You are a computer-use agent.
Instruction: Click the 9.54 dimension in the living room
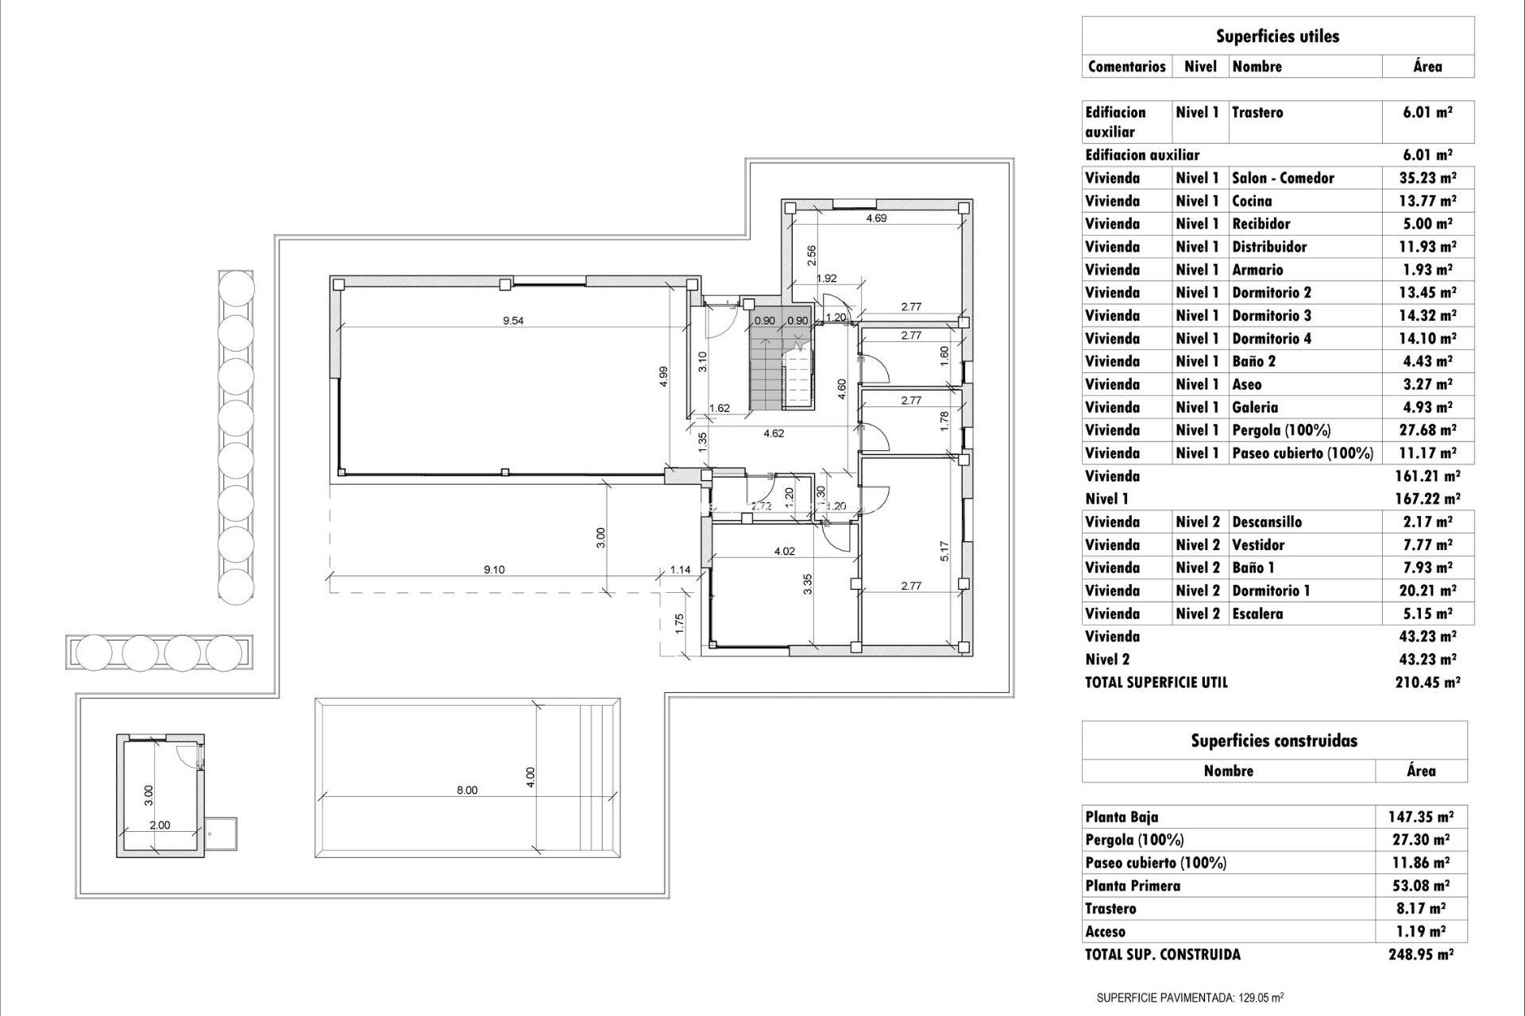click(x=513, y=321)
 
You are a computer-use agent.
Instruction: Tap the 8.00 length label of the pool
click(x=467, y=790)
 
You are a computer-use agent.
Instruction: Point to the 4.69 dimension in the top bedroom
click(x=876, y=218)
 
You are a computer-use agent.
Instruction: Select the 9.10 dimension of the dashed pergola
click(x=494, y=569)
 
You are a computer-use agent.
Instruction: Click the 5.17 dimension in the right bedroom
click(x=944, y=552)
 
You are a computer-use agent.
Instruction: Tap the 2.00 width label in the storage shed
click(x=160, y=825)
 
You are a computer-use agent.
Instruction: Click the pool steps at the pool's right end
click(x=597, y=778)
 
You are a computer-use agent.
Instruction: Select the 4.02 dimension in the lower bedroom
click(x=784, y=551)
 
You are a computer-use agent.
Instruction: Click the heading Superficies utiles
click(x=1277, y=36)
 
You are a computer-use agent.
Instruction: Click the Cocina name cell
click(x=1252, y=201)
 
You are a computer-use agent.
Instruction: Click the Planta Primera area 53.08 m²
click(x=1421, y=885)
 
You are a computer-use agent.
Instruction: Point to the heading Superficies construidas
click(x=1274, y=741)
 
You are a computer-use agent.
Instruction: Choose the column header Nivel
click(x=1200, y=67)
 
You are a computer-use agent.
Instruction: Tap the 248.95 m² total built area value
click(x=1421, y=954)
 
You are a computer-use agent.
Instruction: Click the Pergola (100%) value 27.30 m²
click(x=1421, y=839)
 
